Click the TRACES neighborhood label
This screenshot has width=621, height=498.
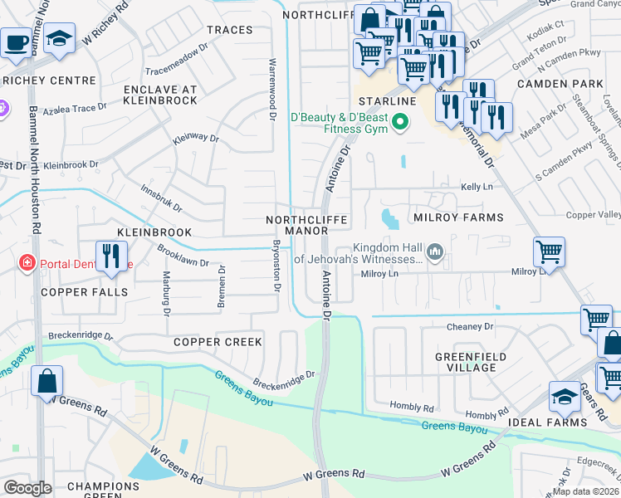[229, 30]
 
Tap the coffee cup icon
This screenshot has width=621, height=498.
[15, 41]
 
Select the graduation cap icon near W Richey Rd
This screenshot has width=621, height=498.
[59, 39]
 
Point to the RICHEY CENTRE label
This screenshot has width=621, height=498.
[39, 81]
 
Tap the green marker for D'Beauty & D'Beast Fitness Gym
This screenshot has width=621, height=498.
[400, 123]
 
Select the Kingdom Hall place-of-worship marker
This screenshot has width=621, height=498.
[433, 251]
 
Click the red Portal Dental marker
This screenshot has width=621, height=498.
[27, 263]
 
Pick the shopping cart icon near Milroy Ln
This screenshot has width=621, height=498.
[549, 251]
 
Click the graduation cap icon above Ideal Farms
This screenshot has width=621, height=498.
[565, 396]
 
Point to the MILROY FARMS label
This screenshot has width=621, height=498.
[457, 217]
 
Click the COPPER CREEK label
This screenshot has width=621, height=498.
[218, 342]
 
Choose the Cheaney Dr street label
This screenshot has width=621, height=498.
[470, 327]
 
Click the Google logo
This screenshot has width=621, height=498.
[27, 488]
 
